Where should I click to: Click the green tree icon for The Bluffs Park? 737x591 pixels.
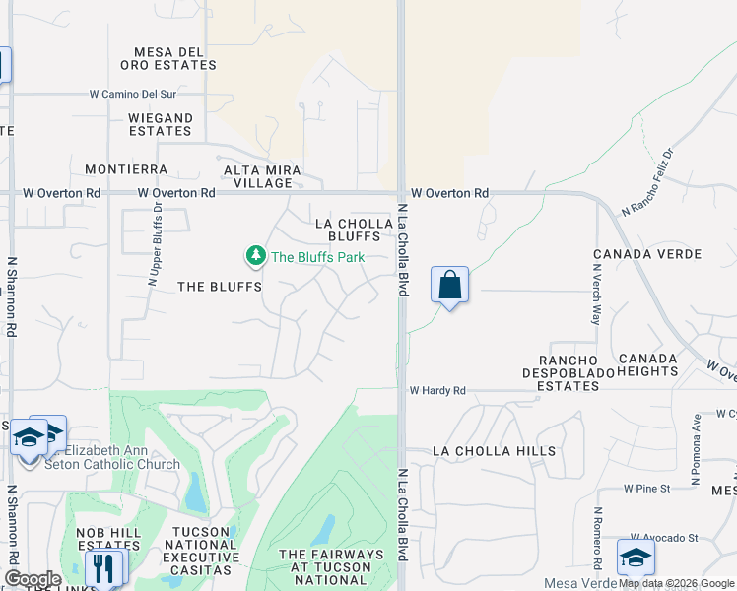pyautogui.click(x=255, y=256)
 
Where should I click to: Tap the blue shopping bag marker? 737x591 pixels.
pyautogui.click(x=449, y=286)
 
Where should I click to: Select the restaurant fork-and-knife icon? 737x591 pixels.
pyautogui.click(x=103, y=567)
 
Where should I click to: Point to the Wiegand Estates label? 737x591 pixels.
pyautogui.click(x=161, y=124)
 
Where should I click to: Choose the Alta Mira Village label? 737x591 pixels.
pyautogui.click(x=259, y=176)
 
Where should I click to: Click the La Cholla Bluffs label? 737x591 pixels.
pyautogui.click(x=348, y=230)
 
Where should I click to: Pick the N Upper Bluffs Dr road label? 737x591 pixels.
pyautogui.click(x=155, y=242)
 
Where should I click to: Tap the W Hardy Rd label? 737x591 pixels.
pyautogui.click(x=437, y=391)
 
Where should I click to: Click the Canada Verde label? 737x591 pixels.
pyautogui.click(x=647, y=254)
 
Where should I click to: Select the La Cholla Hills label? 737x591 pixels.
pyautogui.click(x=495, y=451)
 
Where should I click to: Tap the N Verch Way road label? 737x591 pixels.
pyautogui.click(x=595, y=299)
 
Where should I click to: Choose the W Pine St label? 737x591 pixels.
pyautogui.click(x=646, y=488)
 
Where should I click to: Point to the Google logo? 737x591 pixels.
pyautogui.click(x=32, y=579)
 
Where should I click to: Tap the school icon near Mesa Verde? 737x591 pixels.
pyautogui.click(x=636, y=557)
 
